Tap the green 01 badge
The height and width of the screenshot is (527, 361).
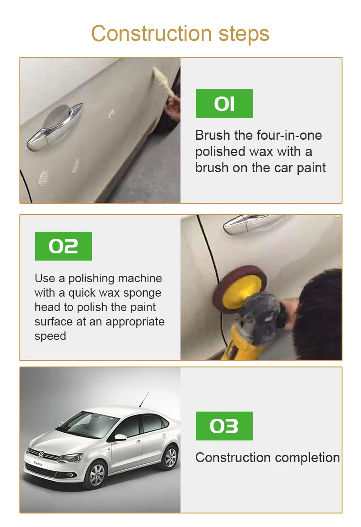click(224, 104)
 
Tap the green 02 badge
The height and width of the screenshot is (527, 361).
click(63, 246)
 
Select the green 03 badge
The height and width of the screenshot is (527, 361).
click(224, 426)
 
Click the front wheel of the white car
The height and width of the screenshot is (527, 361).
click(96, 474)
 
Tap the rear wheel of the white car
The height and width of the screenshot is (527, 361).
click(170, 458)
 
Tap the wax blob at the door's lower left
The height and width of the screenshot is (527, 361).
click(44, 179)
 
